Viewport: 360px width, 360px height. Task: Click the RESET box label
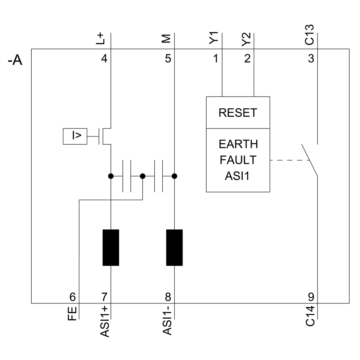[238, 113]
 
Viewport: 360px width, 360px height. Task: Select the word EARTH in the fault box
[238, 144]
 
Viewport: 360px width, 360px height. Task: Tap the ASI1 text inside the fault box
[238, 175]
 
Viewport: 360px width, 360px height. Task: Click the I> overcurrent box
[75, 136]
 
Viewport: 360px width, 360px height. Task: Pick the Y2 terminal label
[246, 38]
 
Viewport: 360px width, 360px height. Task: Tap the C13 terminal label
[310, 35]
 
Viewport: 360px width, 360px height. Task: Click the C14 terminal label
[310, 315]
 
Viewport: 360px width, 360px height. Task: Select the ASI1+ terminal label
[104, 321]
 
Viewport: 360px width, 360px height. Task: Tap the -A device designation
[15, 61]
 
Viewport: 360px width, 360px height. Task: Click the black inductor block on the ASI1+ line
[111, 248]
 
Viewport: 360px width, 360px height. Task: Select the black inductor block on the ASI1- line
[174, 248]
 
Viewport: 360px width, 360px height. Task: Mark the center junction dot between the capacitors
[143, 176]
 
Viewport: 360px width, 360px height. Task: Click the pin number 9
[311, 297]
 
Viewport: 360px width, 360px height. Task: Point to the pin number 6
[73, 297]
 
